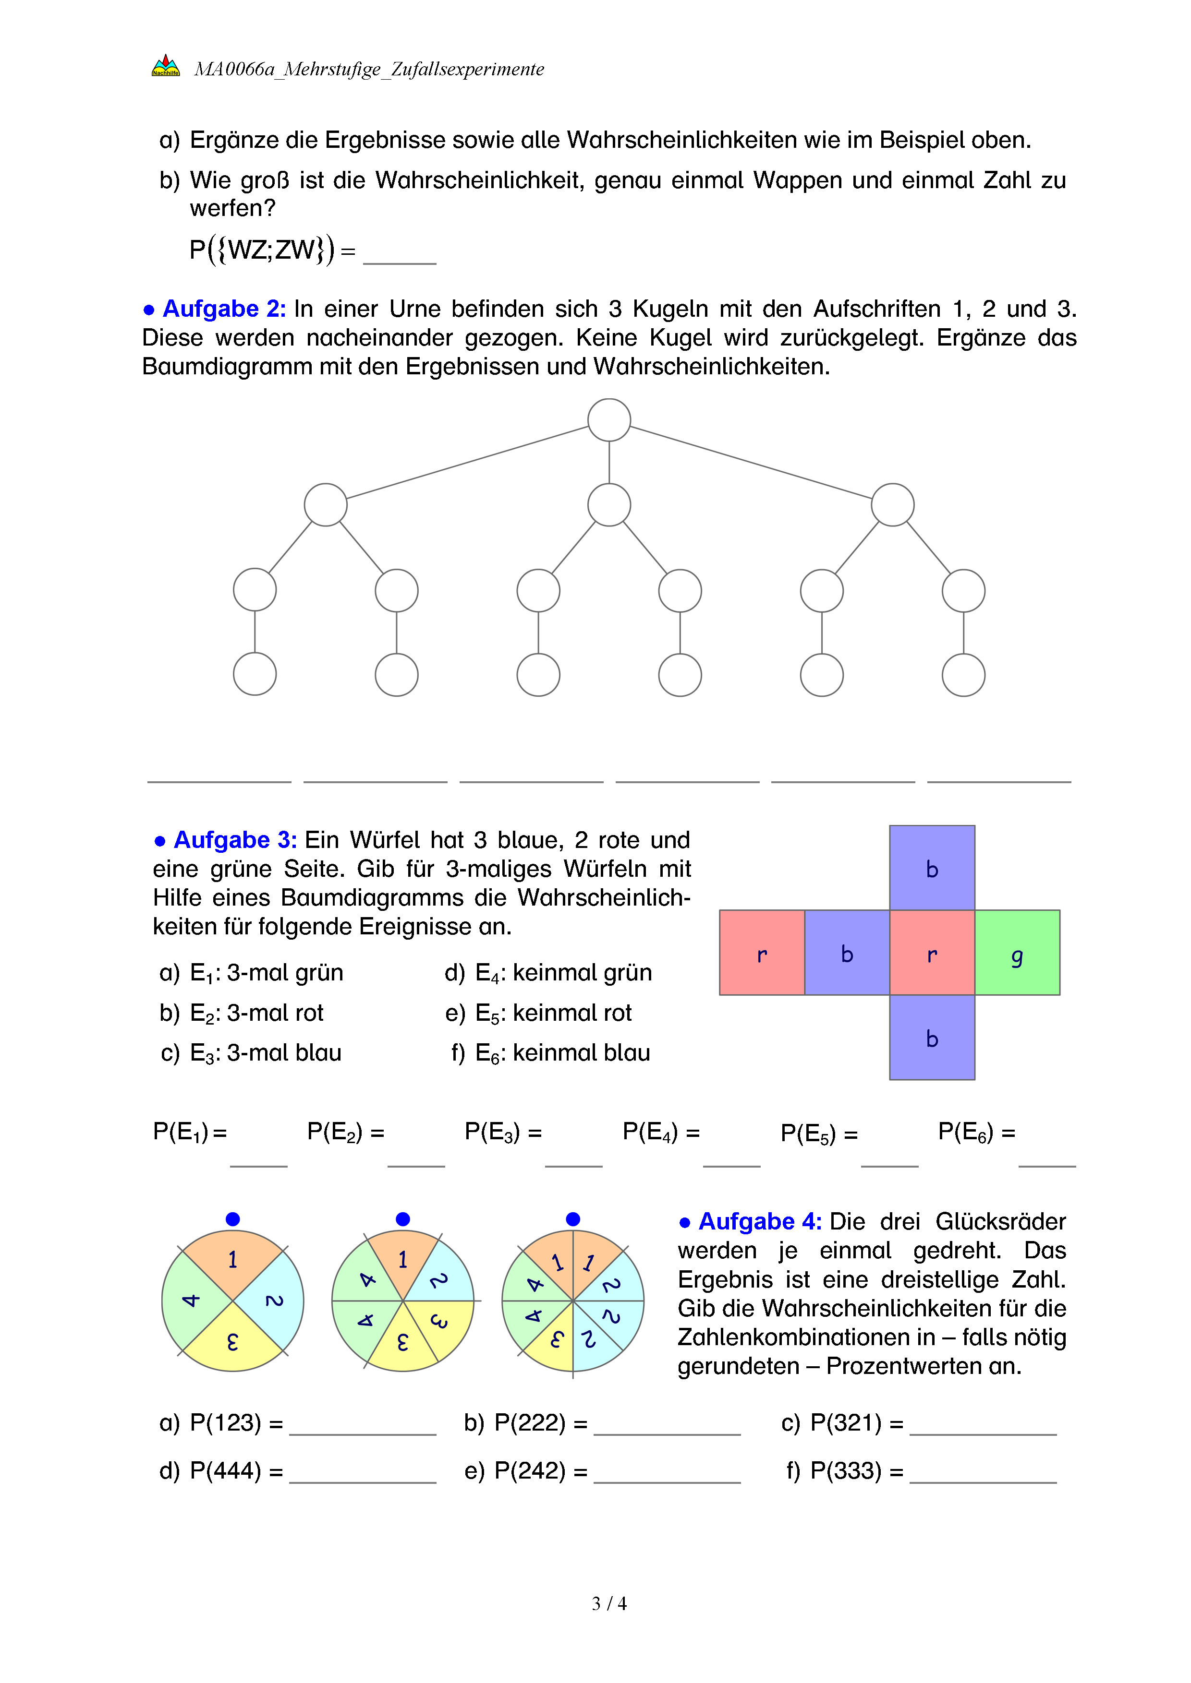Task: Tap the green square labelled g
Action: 1017,952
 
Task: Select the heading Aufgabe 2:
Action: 224,309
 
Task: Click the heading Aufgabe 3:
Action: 235,839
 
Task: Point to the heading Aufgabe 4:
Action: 759,1221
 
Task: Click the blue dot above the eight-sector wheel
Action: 573,1219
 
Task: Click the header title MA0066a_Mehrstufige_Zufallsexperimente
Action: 369,69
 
